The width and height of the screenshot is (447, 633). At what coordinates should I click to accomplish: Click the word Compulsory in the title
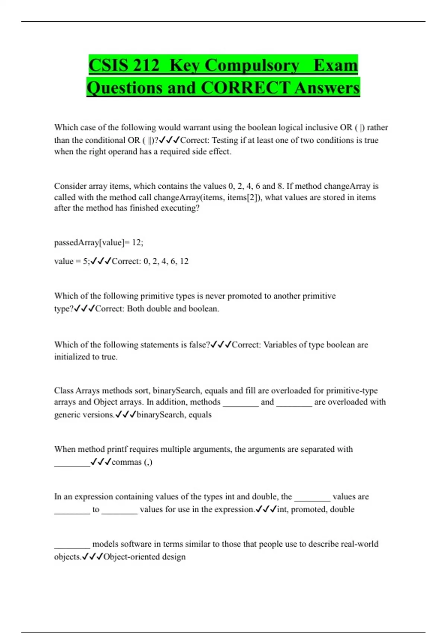coord(252,66)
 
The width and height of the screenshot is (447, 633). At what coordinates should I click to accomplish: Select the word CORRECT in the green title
coord(245,88)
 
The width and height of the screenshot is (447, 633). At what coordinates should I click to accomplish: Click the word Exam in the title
coord(336,66)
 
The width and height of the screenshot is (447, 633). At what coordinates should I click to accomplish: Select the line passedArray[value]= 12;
coord(99,243)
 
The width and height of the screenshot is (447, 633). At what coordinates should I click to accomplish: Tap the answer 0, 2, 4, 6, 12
coord(166,261)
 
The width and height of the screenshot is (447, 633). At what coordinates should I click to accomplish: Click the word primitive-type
coord(352,391)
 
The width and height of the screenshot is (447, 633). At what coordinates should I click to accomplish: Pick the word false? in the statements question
coord(199,345)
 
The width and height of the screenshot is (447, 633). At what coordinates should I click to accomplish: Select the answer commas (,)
coord(132,462)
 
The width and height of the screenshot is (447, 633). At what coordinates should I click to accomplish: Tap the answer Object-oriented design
coord(144,557)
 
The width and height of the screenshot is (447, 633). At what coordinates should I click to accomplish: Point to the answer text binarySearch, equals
coord(174,415)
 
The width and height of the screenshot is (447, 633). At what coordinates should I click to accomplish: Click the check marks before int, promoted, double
coord(266,509)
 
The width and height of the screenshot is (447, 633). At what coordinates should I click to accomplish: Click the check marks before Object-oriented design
coord(92,557)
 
